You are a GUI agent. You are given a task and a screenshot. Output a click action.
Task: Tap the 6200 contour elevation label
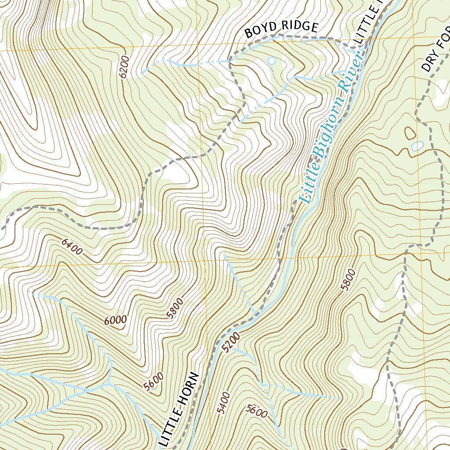point(124,67)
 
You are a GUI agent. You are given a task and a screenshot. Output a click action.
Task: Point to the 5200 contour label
point(231,342)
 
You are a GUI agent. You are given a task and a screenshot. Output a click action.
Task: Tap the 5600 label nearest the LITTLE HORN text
point(153,381)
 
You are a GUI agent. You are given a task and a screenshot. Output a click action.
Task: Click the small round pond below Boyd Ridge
point(272,60)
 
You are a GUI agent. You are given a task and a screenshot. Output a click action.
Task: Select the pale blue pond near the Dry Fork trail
point(417,145)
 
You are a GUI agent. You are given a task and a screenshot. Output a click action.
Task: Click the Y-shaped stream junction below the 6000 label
point(108,382)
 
